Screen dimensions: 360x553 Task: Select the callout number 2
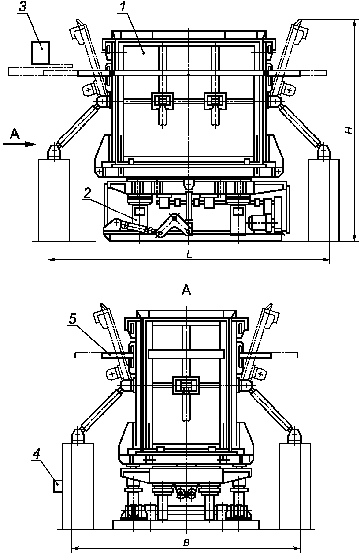87,193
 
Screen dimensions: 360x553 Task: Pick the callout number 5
73,320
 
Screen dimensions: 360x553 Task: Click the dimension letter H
348,130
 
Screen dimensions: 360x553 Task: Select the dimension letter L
189,255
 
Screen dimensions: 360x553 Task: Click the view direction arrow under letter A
19,144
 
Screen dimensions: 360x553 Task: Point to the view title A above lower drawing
186,291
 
